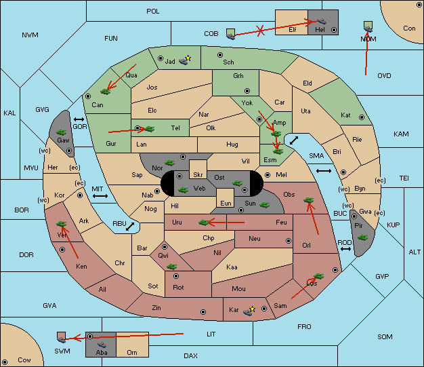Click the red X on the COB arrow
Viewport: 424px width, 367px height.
(260, 31)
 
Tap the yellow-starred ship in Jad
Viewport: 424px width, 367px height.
(185, 60)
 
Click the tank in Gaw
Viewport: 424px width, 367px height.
(62, 132)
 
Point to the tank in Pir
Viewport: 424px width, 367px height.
(362, 237)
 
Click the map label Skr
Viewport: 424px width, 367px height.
(198, 175)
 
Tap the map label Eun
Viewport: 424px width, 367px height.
(226, 203)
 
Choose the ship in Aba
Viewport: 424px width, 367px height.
(102, 345)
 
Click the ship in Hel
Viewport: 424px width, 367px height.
(322, 21)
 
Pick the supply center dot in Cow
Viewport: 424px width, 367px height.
(5, 362)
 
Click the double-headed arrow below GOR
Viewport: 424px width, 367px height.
(79, 119)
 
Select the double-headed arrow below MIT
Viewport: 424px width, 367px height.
(100, 196)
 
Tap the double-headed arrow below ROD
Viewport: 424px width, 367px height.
(345, 249)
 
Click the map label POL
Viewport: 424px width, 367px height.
(153, 12)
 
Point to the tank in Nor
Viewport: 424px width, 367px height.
(170, 163)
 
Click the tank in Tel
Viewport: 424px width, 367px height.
(149, 129)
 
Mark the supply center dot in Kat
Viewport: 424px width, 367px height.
(362, 117)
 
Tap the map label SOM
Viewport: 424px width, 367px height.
(385, 336)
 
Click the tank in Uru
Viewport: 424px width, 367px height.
(204, 223)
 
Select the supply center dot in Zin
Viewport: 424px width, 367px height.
(203, 312)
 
